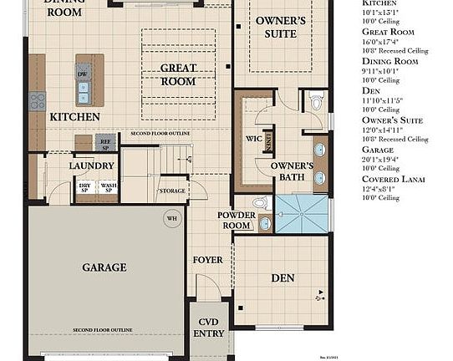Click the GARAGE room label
coord(104,267)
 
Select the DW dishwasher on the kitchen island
coord(82,74)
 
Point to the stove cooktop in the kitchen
coord(37,102)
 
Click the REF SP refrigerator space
coord(105,142)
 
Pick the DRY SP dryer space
coord(85,188)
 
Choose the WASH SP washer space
coord(109,188)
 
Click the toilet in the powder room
coord(260,202)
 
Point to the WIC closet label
coord(254,139)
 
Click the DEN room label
coord(283,277)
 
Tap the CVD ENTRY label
coord(208,328)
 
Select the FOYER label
coord(208,260)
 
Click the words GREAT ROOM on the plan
coord(178,75)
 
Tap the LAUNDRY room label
coord(92,165)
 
